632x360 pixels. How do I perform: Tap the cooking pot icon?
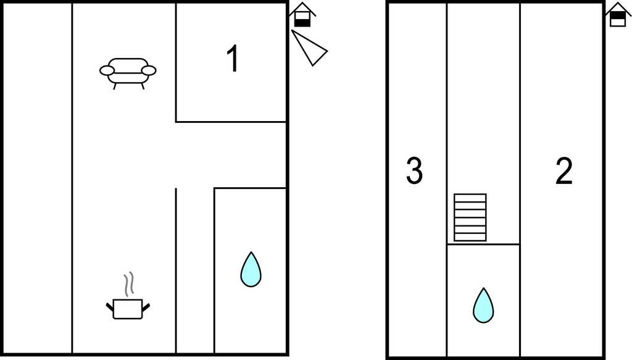(x=128, y=309)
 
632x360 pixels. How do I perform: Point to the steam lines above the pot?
(x=128, y=284)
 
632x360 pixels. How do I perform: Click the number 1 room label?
(x=233, y=59)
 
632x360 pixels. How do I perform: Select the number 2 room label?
(x=564, y=171)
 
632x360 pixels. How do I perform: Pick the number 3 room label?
(x=414, y=171)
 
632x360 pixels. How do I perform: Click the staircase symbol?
(x=470, y=217)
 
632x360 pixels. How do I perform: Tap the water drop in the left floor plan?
(x=251, y=269)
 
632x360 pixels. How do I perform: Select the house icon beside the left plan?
(x=302, y=15)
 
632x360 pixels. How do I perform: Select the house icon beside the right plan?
(x=618, y=15)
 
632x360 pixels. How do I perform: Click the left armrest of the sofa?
(x=107, y=70)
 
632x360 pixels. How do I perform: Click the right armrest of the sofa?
(x=149, y=70)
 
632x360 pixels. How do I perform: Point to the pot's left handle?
(x=110, y=307)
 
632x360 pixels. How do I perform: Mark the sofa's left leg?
(x=115, y=86)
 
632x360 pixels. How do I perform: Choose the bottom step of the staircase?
(x=470, y=237)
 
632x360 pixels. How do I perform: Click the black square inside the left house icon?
(x=302, y=23)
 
